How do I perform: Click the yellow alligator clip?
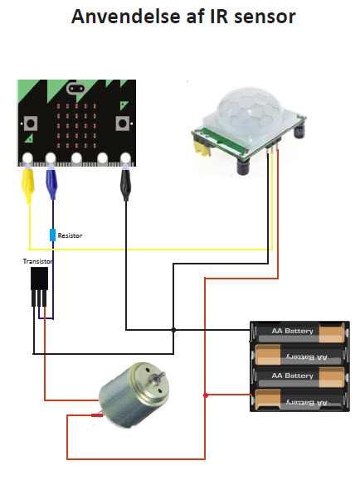click(27, 184)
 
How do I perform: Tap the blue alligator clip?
click(51, 182)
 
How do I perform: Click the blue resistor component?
click(53, 235)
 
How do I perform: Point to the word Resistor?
click(70, 235)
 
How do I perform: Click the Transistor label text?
click(37, 261)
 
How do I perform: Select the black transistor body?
click(40, 279)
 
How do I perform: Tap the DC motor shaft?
click(158, 376)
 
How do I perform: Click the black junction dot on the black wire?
click(173, 330)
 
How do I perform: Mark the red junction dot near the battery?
click(206, 395)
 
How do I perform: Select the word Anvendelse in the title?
click(125, 16)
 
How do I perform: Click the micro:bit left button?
click(31, 124)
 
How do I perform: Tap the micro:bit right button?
click(122, 124)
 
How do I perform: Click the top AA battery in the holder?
click(300, 332)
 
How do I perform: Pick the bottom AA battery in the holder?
click(300, 400)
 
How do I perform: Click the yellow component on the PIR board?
click(202, 148)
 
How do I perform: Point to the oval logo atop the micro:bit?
click(75, 89)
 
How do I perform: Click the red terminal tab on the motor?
click(96, 415)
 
